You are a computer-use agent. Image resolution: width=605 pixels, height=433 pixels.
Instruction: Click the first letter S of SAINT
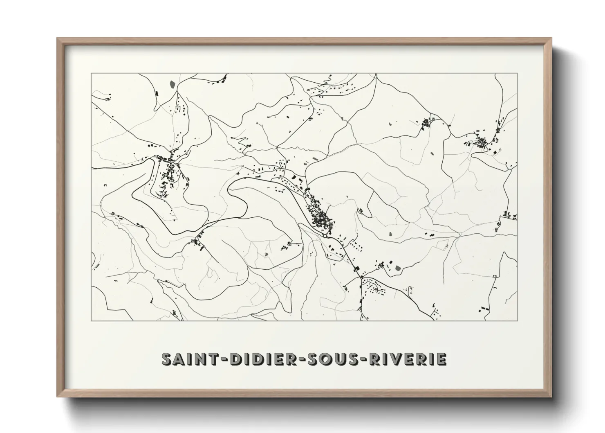[168, 359]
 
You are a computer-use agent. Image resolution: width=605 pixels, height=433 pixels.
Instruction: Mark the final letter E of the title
[441, 359]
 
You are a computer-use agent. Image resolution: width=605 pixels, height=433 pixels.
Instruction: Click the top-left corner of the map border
[92, 74]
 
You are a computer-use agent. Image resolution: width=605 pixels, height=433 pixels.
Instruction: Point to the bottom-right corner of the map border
[518, 320]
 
